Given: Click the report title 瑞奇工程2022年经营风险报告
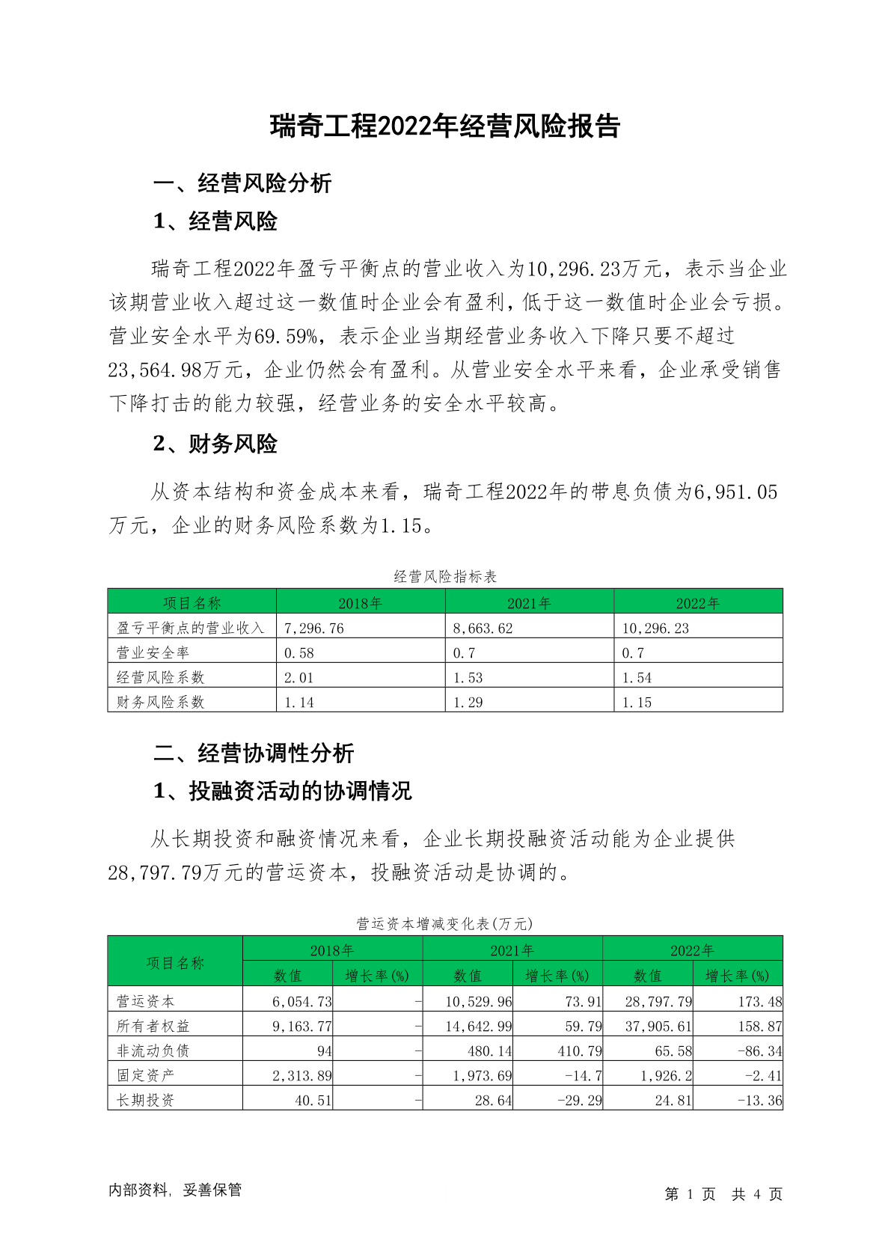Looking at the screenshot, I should pos(445,126).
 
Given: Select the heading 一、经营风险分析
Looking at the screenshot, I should pos(242,183).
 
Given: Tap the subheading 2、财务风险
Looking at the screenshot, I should pos(215,444).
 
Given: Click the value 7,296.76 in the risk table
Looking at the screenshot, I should pos(314,629).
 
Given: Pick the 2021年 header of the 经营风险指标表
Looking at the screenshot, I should pos(529,603).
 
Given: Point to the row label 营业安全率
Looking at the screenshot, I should pos(153,653).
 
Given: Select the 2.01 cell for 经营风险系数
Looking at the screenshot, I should pos(299,678).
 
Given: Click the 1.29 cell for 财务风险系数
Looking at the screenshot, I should pos(468,703).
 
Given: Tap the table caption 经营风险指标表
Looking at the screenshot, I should pos(445,577).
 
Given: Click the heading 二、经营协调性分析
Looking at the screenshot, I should pos(254,753).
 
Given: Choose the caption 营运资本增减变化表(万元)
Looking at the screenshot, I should pos(445,924).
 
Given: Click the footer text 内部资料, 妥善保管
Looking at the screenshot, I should pos(175,1190).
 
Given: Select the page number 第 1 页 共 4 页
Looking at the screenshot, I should pos(723,1194).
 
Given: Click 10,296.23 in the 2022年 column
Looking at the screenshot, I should pos(655,629).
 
